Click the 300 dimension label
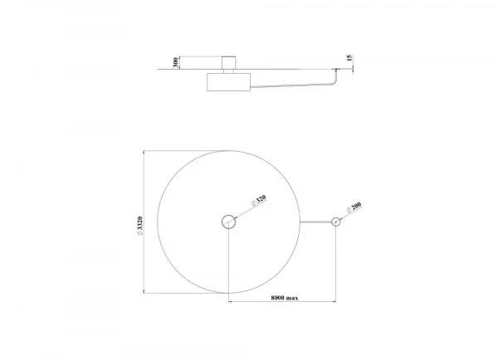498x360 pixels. (x=175, y=62)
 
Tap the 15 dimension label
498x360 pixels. (x=349, y=58)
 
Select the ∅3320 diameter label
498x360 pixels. (x=139, y=226)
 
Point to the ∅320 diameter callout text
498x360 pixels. (x=258, y=201)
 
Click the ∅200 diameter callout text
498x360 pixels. (x=354, y=207)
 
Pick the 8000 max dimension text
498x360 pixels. (x=285, y=298)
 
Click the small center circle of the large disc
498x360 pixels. (x=229, y=221)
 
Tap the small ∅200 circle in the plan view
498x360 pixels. (x=335, y=221)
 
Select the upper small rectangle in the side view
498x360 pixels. (x=228, y=62)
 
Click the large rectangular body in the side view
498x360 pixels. (x=229, y=82)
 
